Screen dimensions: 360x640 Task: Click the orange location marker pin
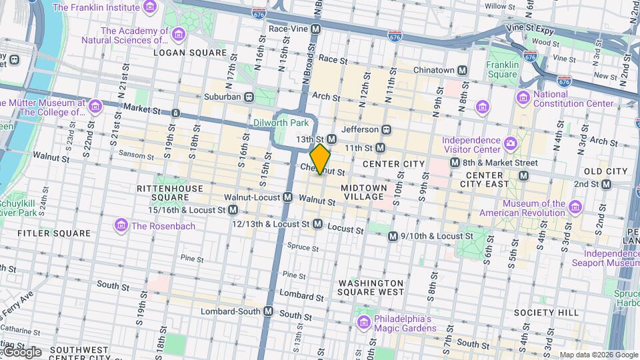click(x=321, y=159)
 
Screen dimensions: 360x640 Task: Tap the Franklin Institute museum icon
click(x=151, y=7)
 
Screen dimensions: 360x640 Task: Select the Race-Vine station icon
click(x=316, y=29)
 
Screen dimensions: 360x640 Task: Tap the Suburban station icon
click(x=249, y=97)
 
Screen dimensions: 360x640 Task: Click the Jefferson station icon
click(x=386, y=129)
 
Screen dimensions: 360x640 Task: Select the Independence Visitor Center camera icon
click(x=511, y=142)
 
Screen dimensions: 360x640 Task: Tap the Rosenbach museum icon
click(x=121, y=225)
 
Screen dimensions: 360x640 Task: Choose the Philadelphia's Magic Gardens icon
click(x=364, y=323)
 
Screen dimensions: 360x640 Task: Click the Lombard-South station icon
click(x=269, y=311)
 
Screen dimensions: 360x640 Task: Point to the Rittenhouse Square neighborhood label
click(x=169, y=193)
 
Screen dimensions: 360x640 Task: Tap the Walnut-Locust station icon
click(x=287, y=197)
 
